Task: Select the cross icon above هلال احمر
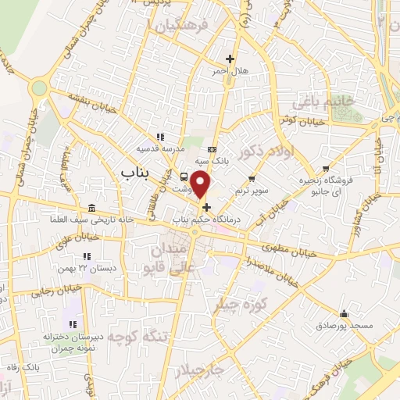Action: [230, 59]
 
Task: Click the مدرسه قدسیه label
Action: [160, 148]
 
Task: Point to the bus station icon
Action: [183, 177]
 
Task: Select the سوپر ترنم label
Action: [252, 191]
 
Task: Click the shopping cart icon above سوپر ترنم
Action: [252, 180]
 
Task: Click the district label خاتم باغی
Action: [320, 102]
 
